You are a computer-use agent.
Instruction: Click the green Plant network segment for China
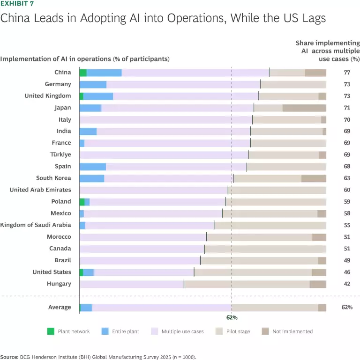pos(83,73)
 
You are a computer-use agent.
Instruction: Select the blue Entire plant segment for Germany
pos(93,84)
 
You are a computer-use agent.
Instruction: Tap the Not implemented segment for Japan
pos(304,108)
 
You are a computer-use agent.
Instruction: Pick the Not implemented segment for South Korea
pos(313,178)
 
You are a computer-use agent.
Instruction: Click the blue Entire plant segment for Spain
pos(93,167)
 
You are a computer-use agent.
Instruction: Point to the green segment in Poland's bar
pos(82,202)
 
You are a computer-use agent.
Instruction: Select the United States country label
pos(52,272)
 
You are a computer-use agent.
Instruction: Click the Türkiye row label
pos(60,154)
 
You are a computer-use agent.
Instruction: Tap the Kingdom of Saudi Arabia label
pos(36,225)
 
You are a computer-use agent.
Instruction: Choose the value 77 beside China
pos(346,73)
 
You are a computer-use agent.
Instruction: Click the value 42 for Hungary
pos(346,284)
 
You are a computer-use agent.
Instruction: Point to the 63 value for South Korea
pos(346,178)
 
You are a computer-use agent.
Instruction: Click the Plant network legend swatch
pos(51,331)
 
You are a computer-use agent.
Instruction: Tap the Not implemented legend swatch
pos(265,331)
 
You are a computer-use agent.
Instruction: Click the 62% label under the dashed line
pos(232,317)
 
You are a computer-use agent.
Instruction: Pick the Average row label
pos(60,307)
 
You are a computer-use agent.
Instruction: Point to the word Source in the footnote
pos(9,357)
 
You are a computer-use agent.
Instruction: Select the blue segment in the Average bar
pos(86,308)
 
